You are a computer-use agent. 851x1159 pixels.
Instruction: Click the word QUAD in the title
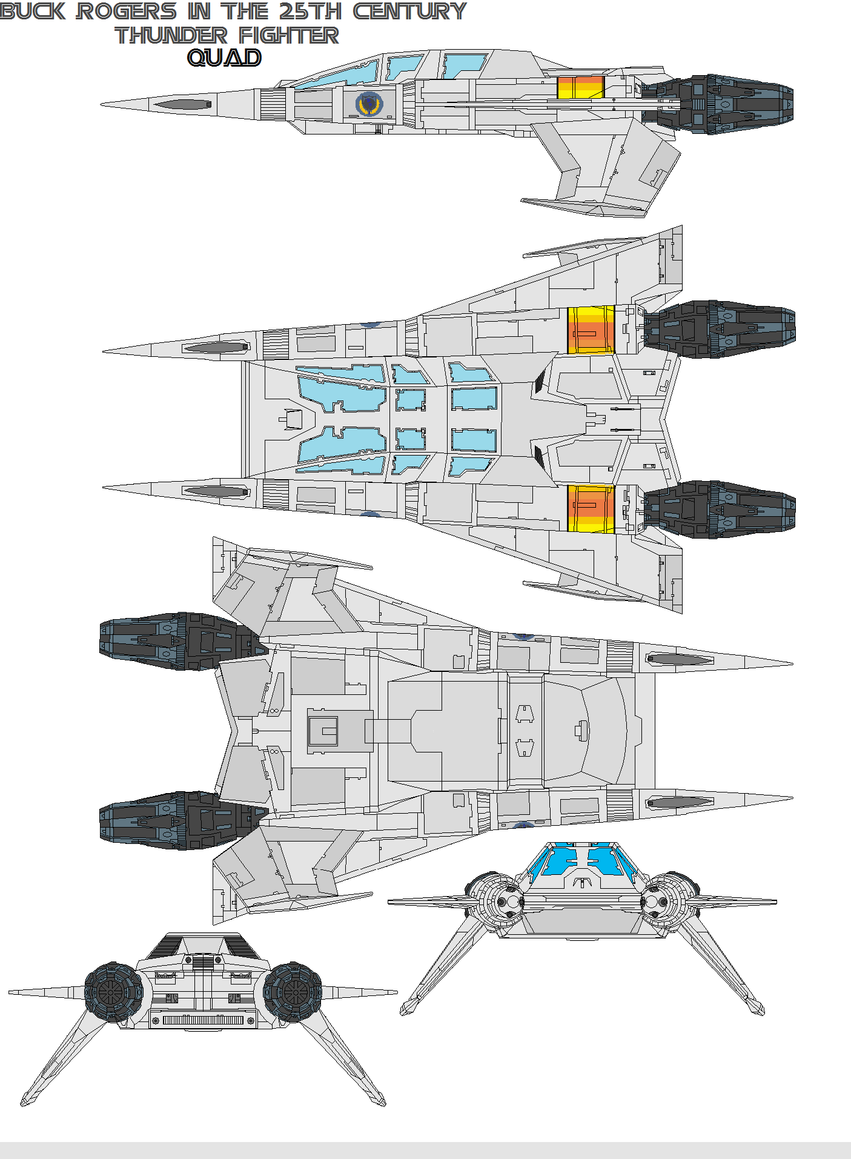tap(224, 58)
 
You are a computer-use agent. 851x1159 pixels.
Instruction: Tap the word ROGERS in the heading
tap(126, 12)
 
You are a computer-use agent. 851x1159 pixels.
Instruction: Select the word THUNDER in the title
tap(171, 35)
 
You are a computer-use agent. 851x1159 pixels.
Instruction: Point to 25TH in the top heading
tap(310, 12)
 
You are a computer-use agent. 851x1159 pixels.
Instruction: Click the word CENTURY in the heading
tap(409, 12)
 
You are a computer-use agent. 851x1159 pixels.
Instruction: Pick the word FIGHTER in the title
tap(288, 35)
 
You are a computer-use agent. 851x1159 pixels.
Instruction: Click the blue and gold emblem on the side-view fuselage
tap(369, 104)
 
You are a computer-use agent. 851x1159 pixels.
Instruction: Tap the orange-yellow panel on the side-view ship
tap(580, 87)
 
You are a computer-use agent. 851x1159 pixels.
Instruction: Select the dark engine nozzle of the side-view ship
tap(727, 104)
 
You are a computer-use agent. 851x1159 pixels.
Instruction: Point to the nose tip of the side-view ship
tap(103, 104)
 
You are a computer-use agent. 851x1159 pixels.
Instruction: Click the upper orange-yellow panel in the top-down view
tap(591, 330)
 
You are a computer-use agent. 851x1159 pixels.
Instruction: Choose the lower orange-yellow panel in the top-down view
tap(591, 508)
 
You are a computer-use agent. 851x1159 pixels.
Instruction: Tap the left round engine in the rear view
tap(114, 992)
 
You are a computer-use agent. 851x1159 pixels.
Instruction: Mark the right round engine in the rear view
tap(293, 992)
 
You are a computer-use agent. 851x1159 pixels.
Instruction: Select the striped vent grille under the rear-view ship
tap(203, 1020)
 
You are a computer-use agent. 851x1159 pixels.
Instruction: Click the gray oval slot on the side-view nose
tap(182, 104)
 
